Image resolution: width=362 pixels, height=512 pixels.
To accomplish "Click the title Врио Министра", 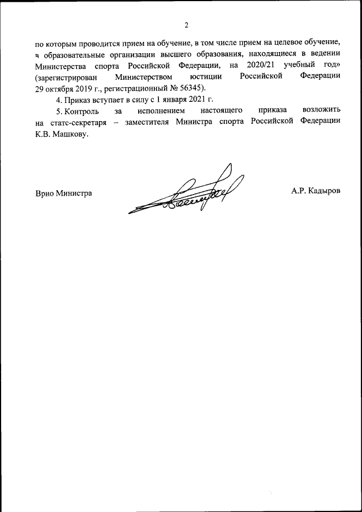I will coord(63,193).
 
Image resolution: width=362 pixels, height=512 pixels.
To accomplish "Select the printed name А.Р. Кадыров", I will coord(316,192).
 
